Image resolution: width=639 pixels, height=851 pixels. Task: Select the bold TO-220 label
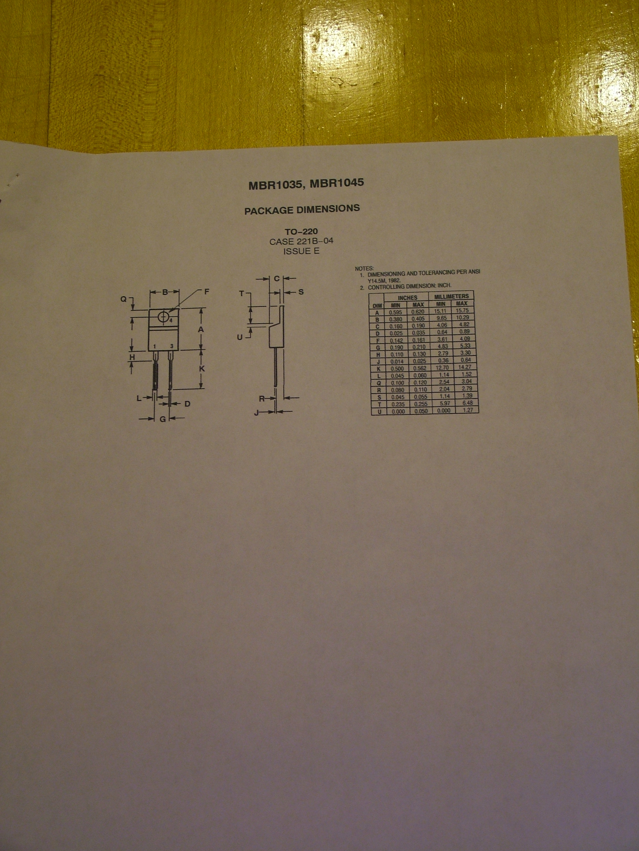coord(301,232)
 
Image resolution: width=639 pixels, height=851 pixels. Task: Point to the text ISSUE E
coord(301,252)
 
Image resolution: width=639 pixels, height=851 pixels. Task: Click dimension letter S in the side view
coord(301,292)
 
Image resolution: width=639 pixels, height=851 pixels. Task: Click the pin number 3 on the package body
coord(172,346)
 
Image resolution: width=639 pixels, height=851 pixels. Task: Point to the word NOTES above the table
coord(362,268)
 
